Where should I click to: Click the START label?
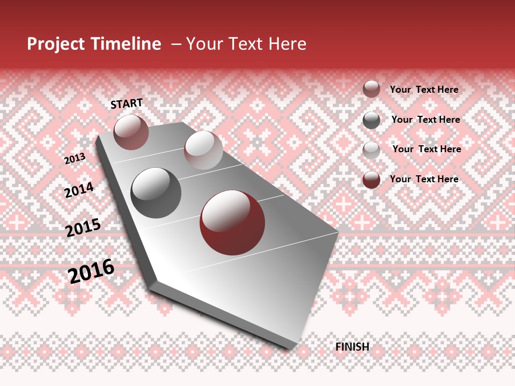click(127, 103)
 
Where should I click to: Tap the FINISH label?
click(352, 347)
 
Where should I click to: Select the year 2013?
click(75, 159)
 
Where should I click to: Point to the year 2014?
click(79, 190)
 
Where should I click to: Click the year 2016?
click(91, 271)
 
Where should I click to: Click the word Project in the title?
click(56, 44)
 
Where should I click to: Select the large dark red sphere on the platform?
click(232, 222)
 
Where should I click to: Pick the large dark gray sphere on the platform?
click(156, 192)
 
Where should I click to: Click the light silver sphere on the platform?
click(203, 150)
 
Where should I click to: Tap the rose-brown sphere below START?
click(131, 132)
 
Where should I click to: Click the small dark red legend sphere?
click(371, 180)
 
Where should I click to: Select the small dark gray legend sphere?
click(371, 120)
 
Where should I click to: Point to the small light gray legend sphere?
click(371, 150)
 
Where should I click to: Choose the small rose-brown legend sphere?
click(371, 89)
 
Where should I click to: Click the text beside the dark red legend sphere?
click(424, 179)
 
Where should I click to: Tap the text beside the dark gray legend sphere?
click(425, 120)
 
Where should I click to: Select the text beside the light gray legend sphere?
click(426, 149)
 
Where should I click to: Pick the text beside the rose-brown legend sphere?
click(424, 90)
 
